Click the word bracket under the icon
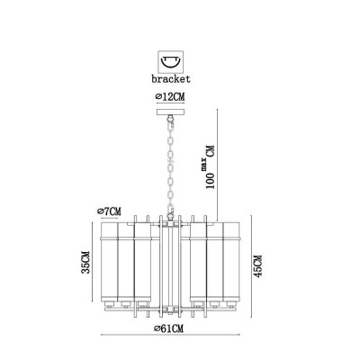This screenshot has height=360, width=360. coord(171,79)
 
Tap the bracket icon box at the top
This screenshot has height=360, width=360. coord(171,61)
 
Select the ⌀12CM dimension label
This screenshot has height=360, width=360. coord(170,97)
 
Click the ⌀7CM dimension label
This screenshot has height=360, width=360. coord(109,211)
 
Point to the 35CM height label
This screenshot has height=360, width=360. coord(85,262)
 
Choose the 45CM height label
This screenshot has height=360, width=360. coord(258,266)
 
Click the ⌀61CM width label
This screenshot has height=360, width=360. coord(168,328)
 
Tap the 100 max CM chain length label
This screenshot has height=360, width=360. coord(211,166)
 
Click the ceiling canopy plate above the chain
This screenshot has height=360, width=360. coord(171,112)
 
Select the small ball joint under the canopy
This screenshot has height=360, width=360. coord(171,119)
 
